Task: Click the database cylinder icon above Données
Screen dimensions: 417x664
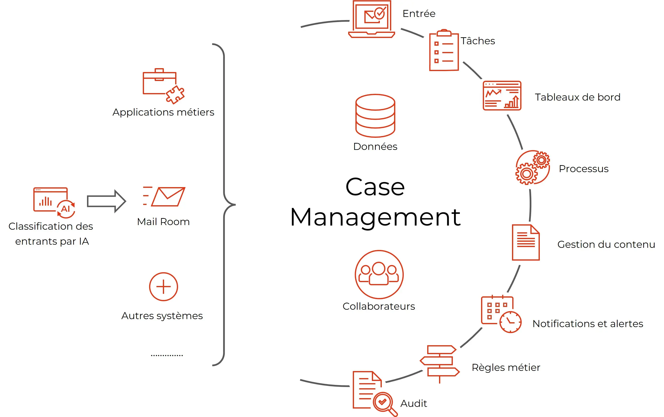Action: [x=375, y=116]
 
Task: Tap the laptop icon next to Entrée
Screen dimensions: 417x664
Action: [x=372, y=19]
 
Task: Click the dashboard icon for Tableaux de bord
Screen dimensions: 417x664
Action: [x=502, y=96]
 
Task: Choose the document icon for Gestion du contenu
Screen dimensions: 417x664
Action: [x=526, y=242]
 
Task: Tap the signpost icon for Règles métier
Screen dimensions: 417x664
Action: [x=439, y=361]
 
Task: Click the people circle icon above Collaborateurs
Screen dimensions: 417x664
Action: [x=379, y=274]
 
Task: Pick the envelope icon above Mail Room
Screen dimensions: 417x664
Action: [x=168, y=197]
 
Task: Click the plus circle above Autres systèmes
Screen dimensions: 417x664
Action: [x=163, y=286]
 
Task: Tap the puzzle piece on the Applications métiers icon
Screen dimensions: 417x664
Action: [x=175, y=95]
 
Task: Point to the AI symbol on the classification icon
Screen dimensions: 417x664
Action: [x=65, y=208]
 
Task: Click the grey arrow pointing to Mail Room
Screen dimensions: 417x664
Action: [x=106, y=201]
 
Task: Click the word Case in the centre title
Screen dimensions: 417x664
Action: [x=375, y=187]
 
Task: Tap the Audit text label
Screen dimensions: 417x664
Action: [x=413, y=403]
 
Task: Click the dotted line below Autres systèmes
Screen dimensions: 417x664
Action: [x=167, y=355]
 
